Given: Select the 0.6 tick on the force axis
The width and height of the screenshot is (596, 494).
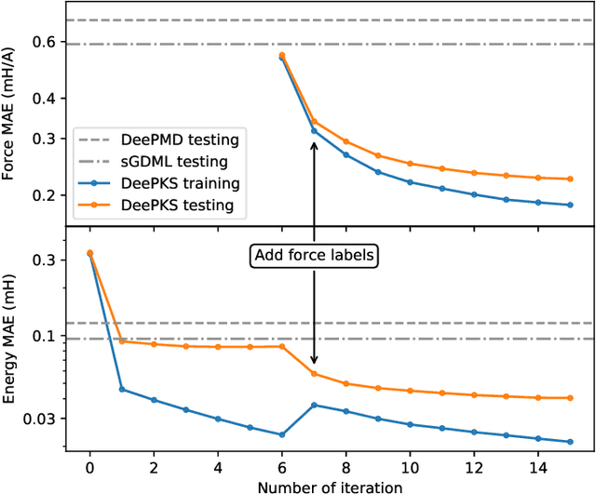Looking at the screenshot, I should click(x=45, y=43).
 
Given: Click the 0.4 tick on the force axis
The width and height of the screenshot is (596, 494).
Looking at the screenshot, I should click(x=45, y=99).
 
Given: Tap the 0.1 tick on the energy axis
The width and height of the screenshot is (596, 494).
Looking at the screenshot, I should click(x=45, y=336).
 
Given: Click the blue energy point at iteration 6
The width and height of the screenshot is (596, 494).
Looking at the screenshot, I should click(x=282, y=434).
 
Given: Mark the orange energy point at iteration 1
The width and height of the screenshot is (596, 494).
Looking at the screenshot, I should click(x=122, y=340).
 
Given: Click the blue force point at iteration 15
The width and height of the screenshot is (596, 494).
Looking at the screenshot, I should click(x=570, y=205).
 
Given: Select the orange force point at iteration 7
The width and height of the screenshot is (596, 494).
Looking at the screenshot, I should click(x=314, y=121).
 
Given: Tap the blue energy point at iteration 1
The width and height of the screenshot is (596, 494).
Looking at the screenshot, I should click(x=122, y=389).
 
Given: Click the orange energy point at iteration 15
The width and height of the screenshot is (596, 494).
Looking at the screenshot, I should click(x=570, y=398).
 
